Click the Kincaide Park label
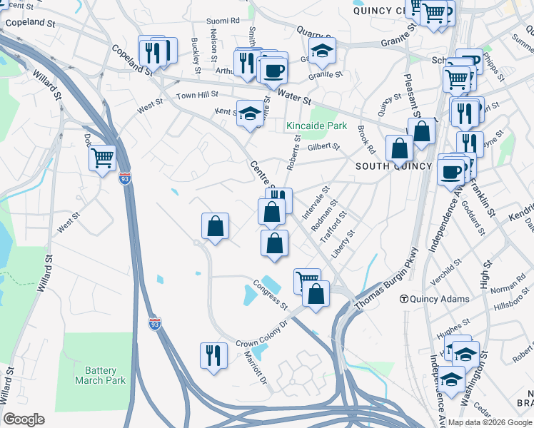(x=316, y=126)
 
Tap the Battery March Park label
(x=101, y=375)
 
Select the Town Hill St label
(x=197, y=96)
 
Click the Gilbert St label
(x=323, y=146)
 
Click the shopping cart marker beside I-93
(x=103, y=157)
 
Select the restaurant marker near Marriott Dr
(x=213, y=355)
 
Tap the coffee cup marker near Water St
(x=274, y=70)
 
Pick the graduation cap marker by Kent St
(x=250, y=113)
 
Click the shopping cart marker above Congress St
(x=307, y=279)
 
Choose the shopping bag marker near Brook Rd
(x=399, y=148)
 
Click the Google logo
(x=24, y=419)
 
